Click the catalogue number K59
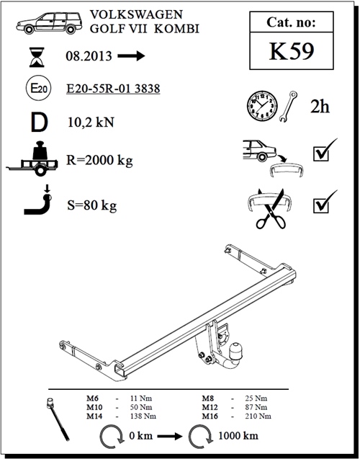click(x=292, y=51)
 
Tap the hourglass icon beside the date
click(x=37, y=57)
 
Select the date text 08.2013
click(x=89, y=56)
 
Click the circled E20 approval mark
click(x=39, y=88)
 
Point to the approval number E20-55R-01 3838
click(x=113, y=89)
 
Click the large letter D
click(x=39, y=122)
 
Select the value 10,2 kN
click(x=91, y=122)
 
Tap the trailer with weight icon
click(x=32, y=159)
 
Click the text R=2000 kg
click(x=99, y=160)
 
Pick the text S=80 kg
click(x=92, y=205)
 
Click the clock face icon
click(x=262, y=106)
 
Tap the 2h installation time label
click(x=320, y=107)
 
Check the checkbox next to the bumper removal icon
click(x=321, y=153)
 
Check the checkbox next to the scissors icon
click(x=321, y=205)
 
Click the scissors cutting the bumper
click(x=271, y=209)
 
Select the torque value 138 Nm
click(x=143, y=416)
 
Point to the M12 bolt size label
click(x=210, y=407)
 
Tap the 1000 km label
click(x=238, y=435)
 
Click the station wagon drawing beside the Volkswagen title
click(x=49, y=23)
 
